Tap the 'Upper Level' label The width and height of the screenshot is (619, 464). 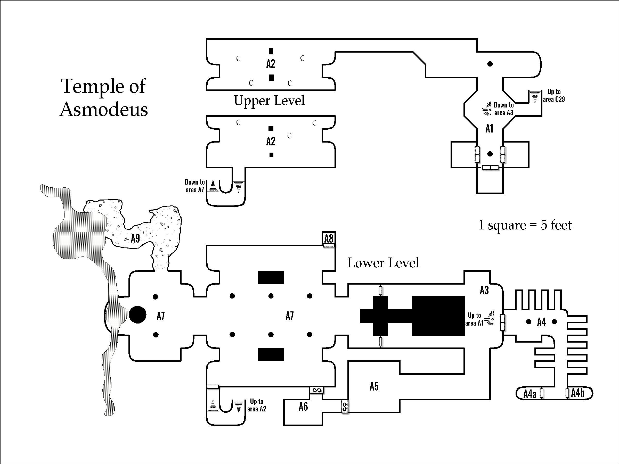[x=269, y=101]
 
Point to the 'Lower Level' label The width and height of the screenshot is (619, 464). [x=383, y=263]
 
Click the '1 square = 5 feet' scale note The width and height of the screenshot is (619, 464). [x=525, y=225]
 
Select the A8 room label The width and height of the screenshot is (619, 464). [x=329, y=238]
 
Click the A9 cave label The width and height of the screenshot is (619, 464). [x=135, y=238]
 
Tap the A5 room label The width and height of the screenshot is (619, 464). [x=374, y=386]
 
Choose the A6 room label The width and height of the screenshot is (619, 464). [x=303, y=407]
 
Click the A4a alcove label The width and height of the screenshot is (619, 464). [x=530, y=394]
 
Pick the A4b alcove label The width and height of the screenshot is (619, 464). [x=577, y=393]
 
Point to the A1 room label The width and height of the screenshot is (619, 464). [x=489, y=129]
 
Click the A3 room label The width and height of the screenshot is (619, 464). [x=484, y=290]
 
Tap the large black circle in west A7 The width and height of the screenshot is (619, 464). [x=137, y=315]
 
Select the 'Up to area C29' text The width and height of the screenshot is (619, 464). [x=554, y=95]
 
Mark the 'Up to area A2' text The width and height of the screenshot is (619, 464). [x=257, y=405]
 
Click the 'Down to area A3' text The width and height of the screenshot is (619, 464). [x=503, y=109]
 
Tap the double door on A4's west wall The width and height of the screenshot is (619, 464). [x=503, y=322]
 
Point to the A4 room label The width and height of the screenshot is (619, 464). [x=541, y=322]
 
